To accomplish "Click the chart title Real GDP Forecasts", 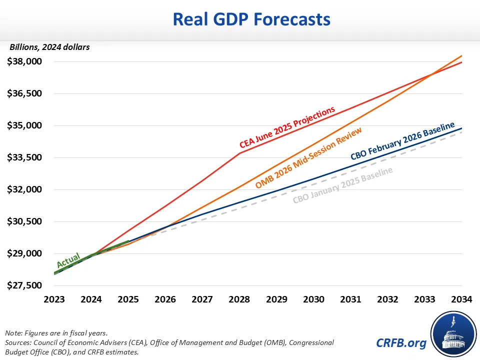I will [x=251, y=19].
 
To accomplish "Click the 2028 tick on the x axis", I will [x=239, y=299].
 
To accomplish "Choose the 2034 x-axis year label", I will [x=461, y=299].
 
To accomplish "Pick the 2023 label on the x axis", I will [x=54, y=299].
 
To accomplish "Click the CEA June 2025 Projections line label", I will [x=287, y=127].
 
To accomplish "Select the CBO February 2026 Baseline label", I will [x=402, y=140].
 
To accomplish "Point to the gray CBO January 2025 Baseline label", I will [x=342, y=185].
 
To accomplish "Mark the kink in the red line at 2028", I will [x=239, y=153].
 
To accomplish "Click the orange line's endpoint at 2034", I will [x=461, y=55].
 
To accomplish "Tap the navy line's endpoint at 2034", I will [x=461, y=128].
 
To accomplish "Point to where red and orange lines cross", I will [x=431, y=75].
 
